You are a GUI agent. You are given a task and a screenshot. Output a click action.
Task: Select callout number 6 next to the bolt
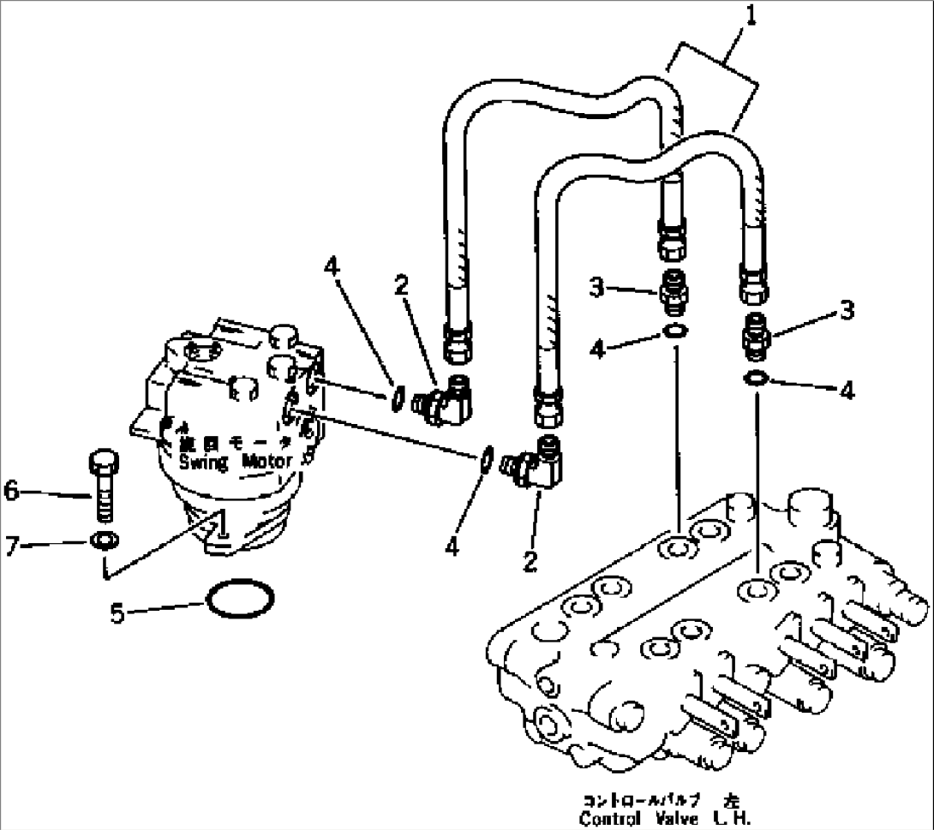pos(11,491)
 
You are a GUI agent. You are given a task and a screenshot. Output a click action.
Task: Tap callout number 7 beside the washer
pos(11,544)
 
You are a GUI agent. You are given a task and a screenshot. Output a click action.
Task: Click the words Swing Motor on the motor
pos(236,462)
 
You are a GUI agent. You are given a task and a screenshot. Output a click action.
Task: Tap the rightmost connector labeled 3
pos(754,337)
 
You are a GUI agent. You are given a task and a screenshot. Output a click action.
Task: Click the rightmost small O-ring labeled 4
pos(755,378)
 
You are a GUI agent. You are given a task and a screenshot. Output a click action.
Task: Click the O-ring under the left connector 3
pos(674,333)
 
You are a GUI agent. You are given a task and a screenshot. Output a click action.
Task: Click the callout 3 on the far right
pos(847,310)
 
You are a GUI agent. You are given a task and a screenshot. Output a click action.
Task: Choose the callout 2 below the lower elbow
pos(532,561)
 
